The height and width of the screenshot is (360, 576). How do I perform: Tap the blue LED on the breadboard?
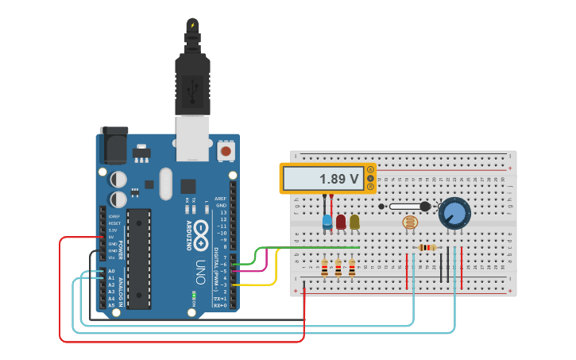pyautogui.click(x=327, y=222)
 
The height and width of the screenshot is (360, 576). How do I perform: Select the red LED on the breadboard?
pyautogui.click(x=341, y=222)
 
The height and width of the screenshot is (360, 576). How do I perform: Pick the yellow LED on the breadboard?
pyautogui.click(x=354, y=222)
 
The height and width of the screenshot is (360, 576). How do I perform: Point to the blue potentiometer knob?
pyautogui.click(x=454, y=213)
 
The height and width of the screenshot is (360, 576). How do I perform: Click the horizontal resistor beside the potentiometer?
pyautogui.click(x=427, y=247)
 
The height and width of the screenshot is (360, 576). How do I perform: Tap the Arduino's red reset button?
pyautogui.click(x=226, y=150)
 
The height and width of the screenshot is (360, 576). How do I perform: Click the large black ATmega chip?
pyautogui.click(x=139, y=258)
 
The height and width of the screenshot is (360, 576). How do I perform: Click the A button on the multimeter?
pyautogui.click(x=369, y=169)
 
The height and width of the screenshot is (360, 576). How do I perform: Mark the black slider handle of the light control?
pyautogui.click(x=424, y=207)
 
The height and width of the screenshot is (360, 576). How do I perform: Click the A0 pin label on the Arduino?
pyautogui.click(x=111, y=271)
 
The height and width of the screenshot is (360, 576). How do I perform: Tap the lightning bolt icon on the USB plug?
pyautogui.click(x=192, y=25)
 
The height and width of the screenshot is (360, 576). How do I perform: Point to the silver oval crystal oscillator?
pyautogui.click(x=165, y=184)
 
